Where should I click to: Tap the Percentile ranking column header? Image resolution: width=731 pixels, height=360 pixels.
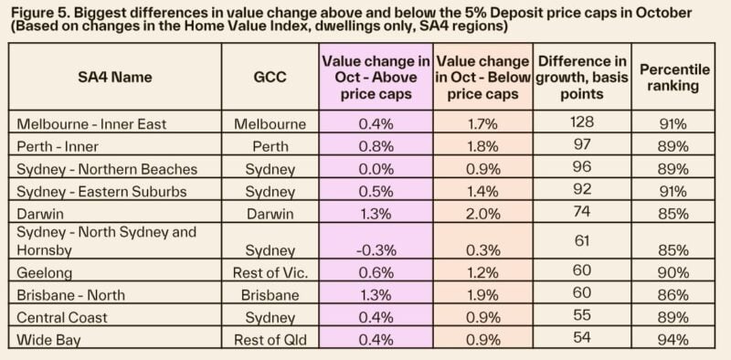click(669, 79)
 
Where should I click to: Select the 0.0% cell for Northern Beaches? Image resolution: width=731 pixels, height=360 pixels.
click(377, 169)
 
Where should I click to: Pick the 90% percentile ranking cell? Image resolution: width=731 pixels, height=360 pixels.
click(669, 272)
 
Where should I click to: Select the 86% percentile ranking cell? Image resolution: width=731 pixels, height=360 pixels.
click(669, 293)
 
